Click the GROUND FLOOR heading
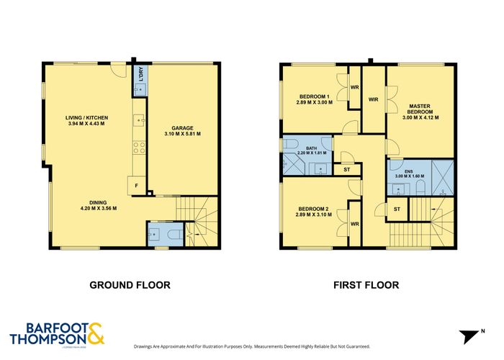coord(130,285)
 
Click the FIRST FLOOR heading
coord(366,285)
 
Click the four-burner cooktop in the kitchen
coord(139,148)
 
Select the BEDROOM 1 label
coord(314,96)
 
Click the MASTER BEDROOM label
coord(420,109)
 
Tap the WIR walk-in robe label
coord(373,99)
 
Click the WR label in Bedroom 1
coord(354,88)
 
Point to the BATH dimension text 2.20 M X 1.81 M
coord(311,153)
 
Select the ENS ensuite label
coord(408,171)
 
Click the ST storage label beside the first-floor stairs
coord(397,209)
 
